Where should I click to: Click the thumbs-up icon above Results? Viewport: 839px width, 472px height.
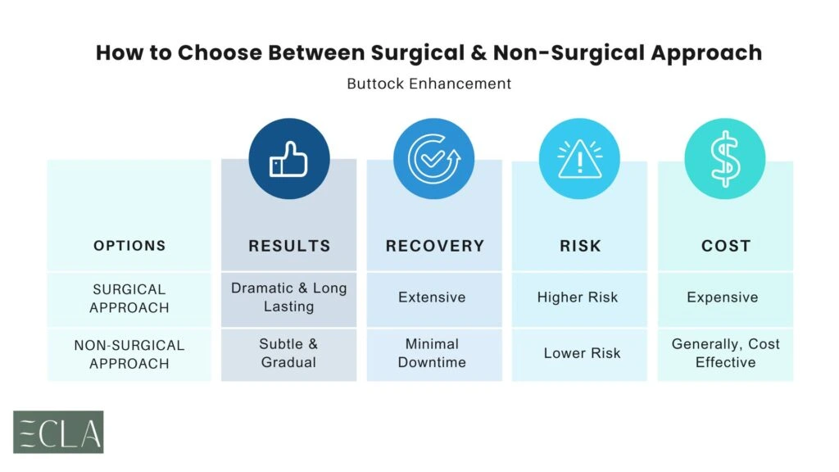[288, 160]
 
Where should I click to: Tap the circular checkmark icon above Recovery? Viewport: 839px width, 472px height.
[433, 160]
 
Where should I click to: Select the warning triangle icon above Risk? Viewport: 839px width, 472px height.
[579, 160]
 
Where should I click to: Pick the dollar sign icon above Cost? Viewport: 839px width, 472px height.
[724, 160]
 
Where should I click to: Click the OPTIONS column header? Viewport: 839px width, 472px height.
[129, 246]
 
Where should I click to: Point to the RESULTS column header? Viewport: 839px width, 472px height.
[289, 246]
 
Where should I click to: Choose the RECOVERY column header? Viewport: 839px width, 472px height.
[434, 246]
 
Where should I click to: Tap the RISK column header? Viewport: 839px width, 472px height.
[579, 246]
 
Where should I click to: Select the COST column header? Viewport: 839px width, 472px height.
[725, 246]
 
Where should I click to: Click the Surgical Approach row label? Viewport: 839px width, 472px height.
[129, 298]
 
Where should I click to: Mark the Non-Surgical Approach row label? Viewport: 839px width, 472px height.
[129, 354]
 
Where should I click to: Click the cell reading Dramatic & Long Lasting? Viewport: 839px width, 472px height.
[289, 297]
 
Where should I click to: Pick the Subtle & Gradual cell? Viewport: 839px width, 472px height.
[289, 353]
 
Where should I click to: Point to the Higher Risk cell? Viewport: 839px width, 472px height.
[579, 297]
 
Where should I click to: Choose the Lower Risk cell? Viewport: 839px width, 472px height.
[582, 353]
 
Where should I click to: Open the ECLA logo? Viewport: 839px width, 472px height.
[58, 432]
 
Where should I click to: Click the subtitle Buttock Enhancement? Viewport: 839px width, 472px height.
[429, 84]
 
